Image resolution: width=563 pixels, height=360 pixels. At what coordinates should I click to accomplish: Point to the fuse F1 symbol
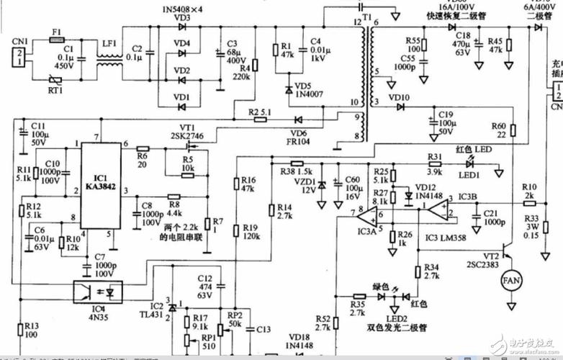click(56, 40)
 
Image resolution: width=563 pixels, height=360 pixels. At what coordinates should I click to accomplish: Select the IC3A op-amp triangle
click(368, 214)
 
